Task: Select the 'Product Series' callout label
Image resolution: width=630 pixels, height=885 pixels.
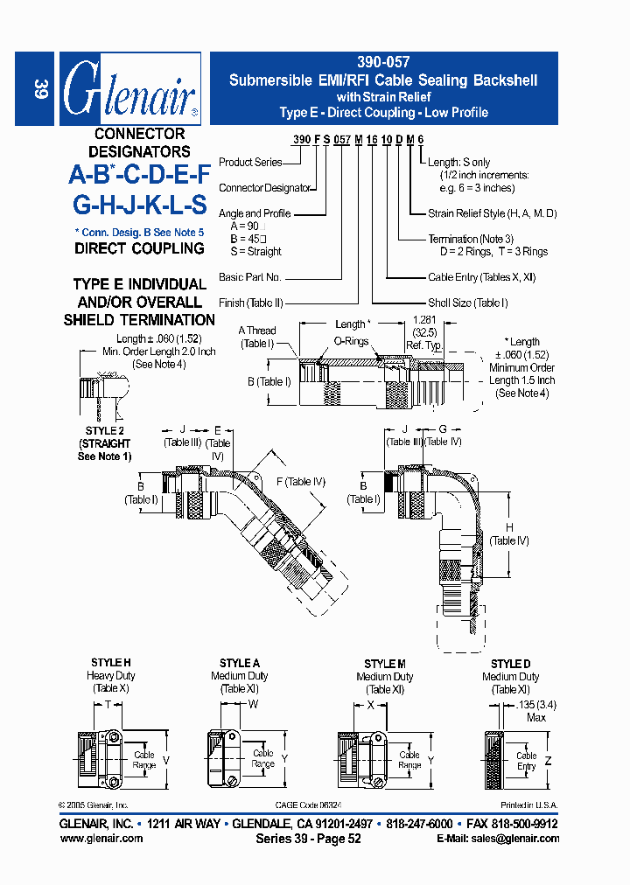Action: pyautogui.click(x=250, y=162)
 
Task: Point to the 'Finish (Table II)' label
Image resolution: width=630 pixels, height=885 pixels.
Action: pyautogui.click(x=250, y=303)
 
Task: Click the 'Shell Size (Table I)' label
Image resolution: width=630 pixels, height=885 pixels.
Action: pyautogui.click(x=467, y=303)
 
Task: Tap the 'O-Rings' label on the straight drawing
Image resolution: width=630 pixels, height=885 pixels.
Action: pyautogui.click(x=351, y=341)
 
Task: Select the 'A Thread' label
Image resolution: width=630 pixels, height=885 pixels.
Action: pyautogui.click(x=257, y=331)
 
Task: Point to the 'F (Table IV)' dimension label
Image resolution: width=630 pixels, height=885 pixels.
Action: pyautogui.click(x=300, y=481)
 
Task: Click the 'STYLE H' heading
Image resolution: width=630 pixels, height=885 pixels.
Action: pyautogui.click(x=111, y=663)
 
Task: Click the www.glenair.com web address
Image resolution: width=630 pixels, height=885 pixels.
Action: pyautogui.click(x=101, y=838)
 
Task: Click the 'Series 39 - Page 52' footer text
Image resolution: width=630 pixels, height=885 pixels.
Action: pyautogui.click(x=308, y=838)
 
